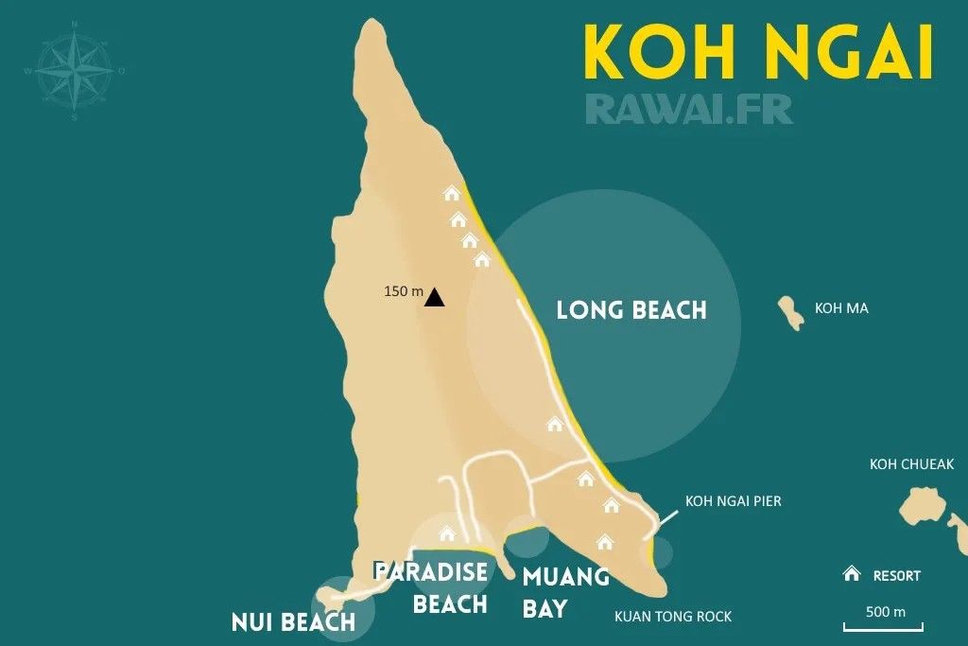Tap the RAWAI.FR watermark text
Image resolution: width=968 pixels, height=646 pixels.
689,108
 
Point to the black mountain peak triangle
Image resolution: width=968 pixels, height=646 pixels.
434,297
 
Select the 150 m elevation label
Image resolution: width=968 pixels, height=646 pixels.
403,291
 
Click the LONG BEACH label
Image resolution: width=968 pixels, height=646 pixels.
631,310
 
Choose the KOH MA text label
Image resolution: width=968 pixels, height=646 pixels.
840,308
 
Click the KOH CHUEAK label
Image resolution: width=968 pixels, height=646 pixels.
911,464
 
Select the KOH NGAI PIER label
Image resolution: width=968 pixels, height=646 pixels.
734,501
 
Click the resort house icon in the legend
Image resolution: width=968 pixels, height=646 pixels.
852,574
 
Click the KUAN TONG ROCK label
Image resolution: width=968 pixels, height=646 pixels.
673,617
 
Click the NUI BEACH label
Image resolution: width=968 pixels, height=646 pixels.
293,621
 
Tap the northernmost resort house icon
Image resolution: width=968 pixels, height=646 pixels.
452,194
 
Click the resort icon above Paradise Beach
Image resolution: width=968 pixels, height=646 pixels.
448,533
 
